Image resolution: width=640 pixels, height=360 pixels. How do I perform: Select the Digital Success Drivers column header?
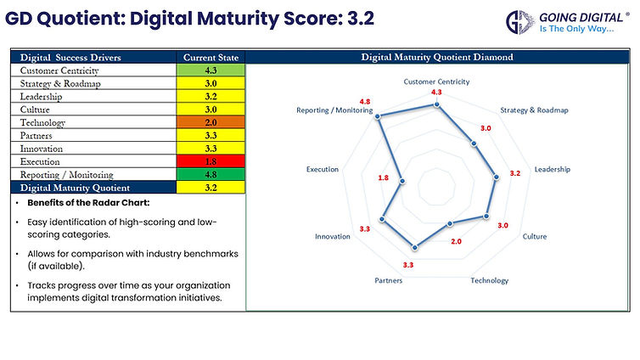pyautogui.click(x=70, y=58)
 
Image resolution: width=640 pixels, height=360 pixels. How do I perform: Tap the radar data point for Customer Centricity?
pyautogui.click(x=436, y=105)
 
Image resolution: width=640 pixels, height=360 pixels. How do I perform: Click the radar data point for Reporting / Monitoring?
pyautogui.click(x=379, y=116)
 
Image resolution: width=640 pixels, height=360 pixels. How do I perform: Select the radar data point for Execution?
pyautogui.click(x=401, y=178)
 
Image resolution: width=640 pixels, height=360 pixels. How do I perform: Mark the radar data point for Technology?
pyautogui.click(x=450, y=223)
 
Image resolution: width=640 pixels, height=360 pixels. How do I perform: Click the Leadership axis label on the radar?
pyautogui.click(x=552, y=169)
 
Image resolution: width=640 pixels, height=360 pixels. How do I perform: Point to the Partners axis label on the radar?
pyautogui.click(x=389, y=280)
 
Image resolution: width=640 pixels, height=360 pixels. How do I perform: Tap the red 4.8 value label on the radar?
pyautogui.click(x=364, y=101)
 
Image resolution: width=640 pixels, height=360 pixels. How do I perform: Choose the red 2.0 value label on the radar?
pyautogui.click(x=456, y=242)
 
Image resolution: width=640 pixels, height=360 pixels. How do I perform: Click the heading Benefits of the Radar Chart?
pyautogui.click(x=81, y=205)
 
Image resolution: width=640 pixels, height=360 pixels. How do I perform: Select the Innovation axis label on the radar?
pyautogui.click(x=332, y=236)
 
